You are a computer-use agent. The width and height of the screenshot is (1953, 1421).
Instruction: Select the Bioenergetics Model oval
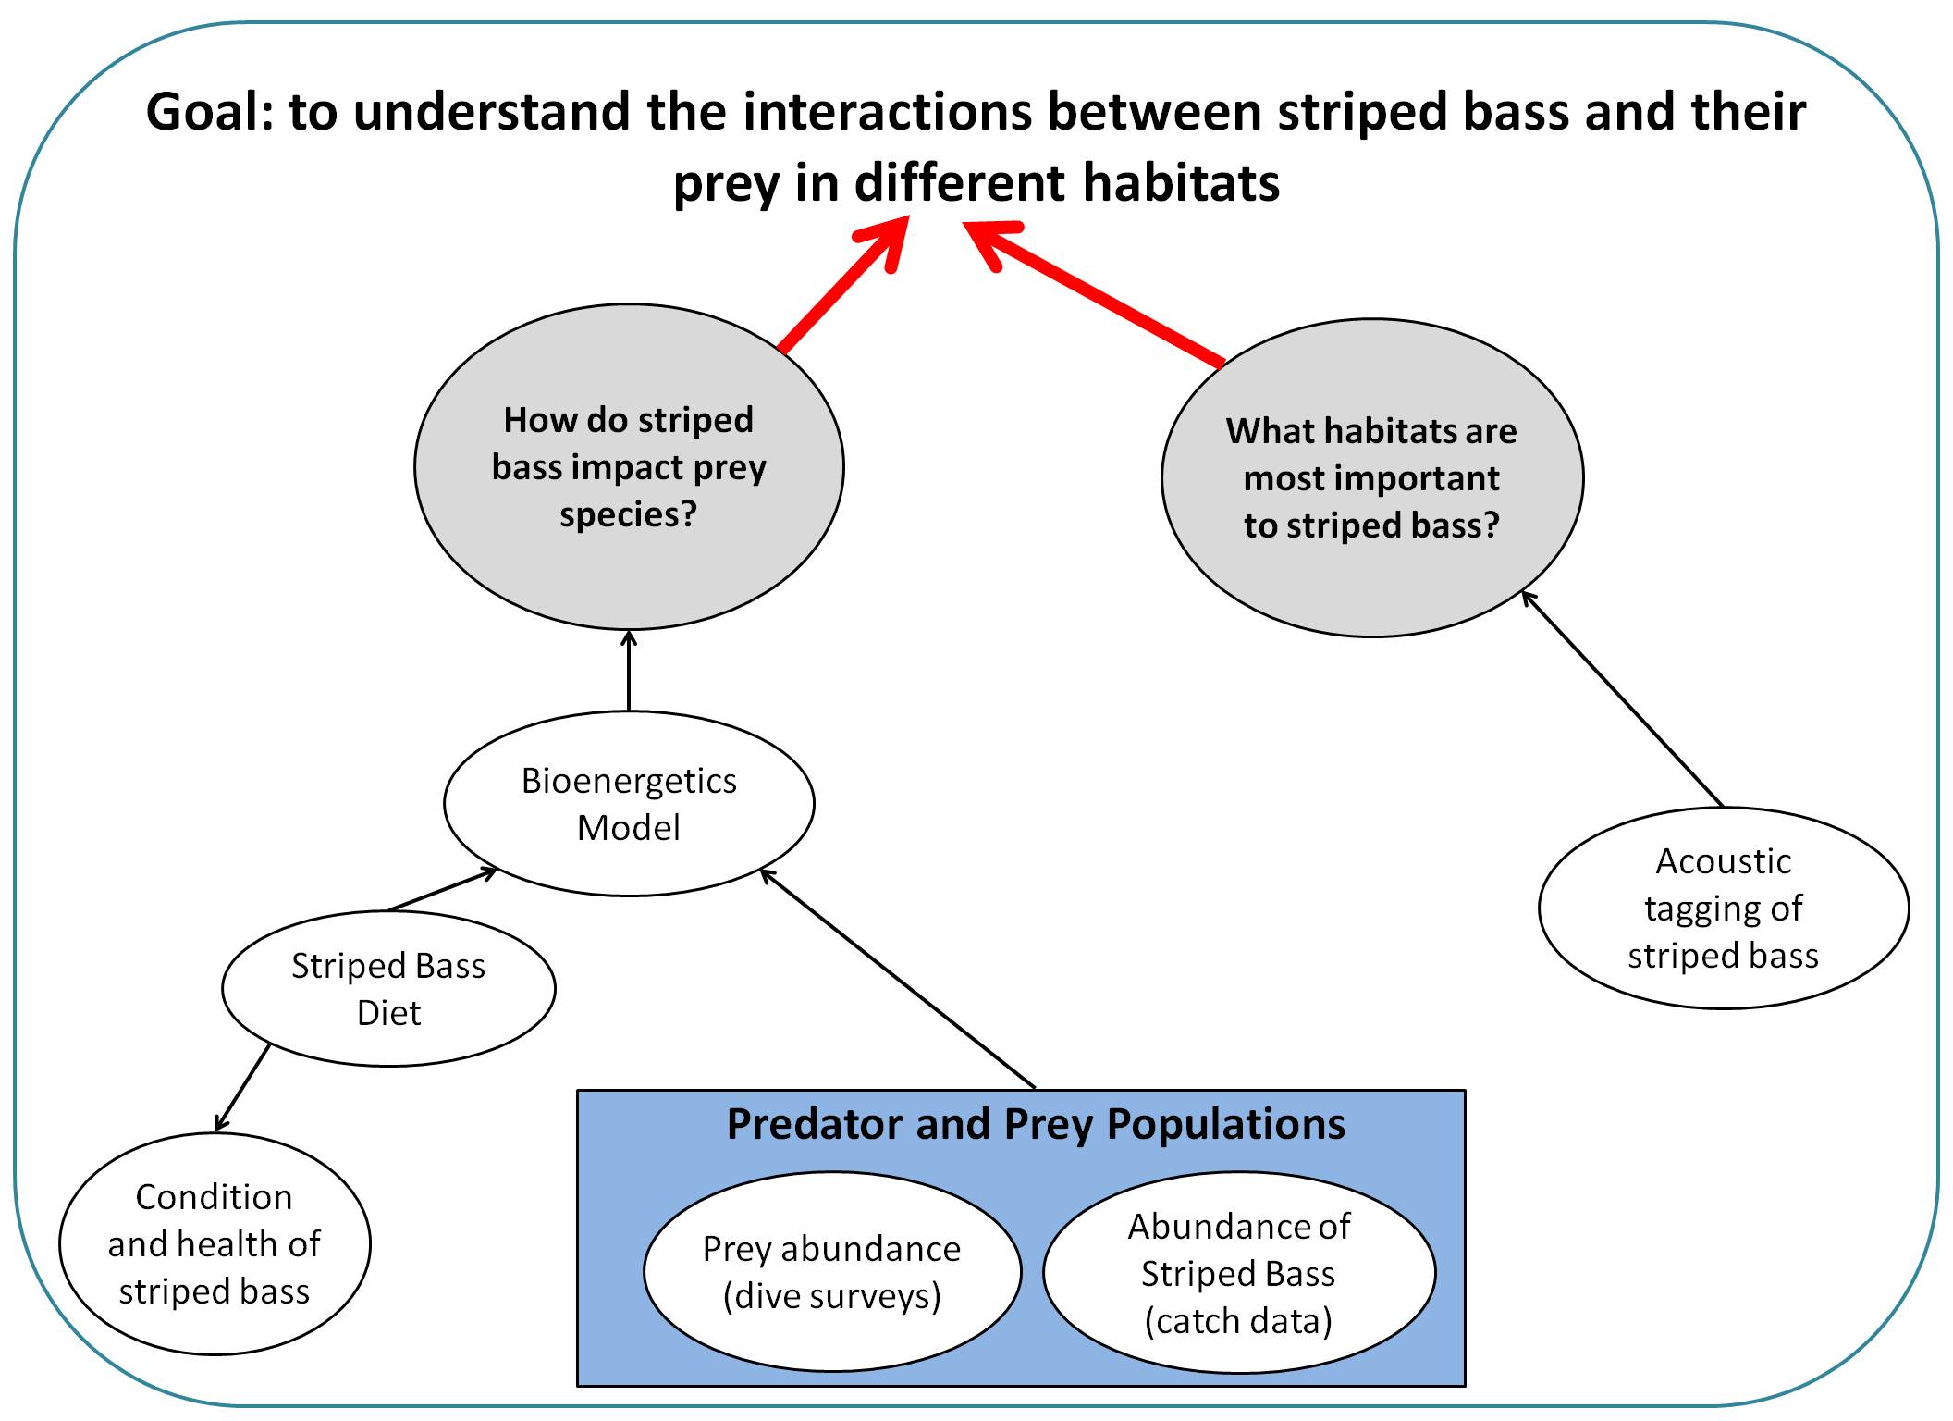point(629,803)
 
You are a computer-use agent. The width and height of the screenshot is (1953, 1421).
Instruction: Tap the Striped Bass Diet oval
point(388,988)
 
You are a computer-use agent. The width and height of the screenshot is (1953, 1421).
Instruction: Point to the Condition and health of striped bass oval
point(215,1243)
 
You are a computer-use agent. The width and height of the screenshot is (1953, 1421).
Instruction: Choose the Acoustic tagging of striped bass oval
point(1723,908)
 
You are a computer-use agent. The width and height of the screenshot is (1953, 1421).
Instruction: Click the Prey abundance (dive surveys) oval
point(832,1271)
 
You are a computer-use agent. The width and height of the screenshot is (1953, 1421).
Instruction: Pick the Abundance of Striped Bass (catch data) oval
point(1238,1273)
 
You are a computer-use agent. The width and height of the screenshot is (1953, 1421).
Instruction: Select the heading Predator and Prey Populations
point(1036,1124)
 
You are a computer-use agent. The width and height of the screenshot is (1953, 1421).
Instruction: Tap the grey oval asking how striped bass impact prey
point(629,467)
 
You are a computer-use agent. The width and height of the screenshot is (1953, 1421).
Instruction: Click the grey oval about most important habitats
point(1371,478)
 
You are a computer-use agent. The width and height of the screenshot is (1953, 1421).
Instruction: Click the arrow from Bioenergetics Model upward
point(629,671)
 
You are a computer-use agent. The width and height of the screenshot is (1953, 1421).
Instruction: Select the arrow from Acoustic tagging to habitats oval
point(1623,699)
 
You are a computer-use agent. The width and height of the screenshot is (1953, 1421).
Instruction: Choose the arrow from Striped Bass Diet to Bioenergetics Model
point(442,890)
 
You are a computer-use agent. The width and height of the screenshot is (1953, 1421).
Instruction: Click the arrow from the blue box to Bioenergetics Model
point(897,979)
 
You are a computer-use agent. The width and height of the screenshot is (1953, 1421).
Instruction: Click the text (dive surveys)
point(832,1295)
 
